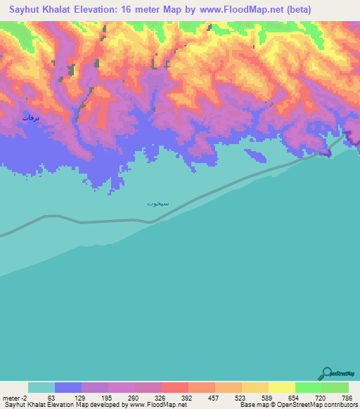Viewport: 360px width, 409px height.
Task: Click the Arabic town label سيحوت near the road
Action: tap(157, 203)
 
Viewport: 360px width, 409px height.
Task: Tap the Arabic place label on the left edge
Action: tap(30, 117)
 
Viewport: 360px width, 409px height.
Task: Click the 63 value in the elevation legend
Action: tap(50, 398)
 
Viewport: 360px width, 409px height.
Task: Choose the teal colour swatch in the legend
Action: tap(41, 387)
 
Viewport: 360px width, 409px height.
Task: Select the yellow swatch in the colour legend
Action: tap(282, 387)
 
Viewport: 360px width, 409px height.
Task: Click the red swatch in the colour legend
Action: tap(175, 387)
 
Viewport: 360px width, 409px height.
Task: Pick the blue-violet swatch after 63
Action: tap(68, 387)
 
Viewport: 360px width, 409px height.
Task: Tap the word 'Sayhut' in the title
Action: tap(28, 11)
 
